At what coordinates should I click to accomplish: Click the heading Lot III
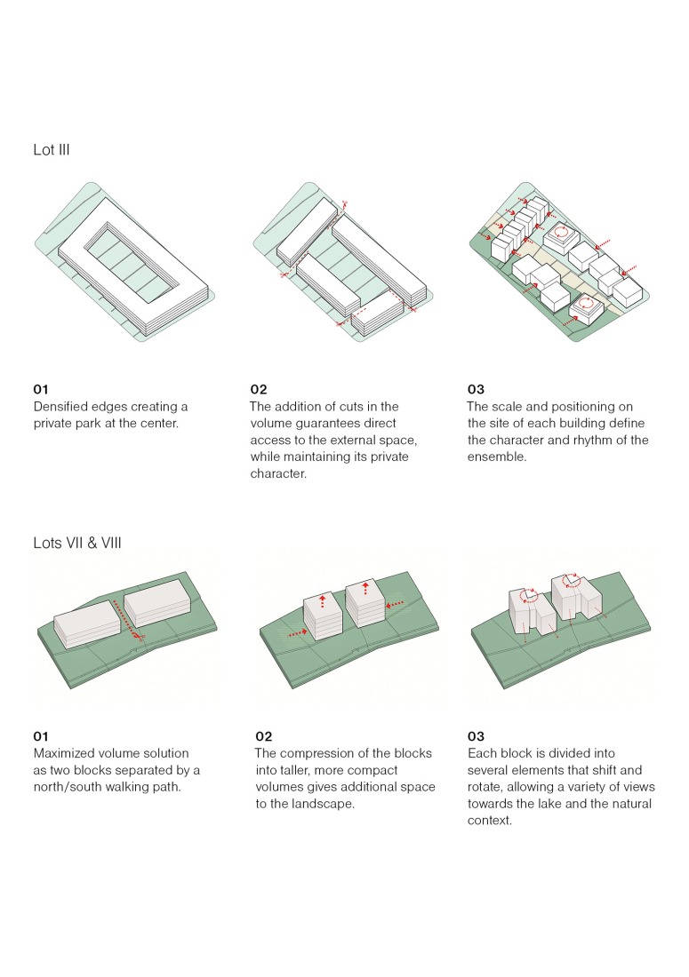coord(52,150)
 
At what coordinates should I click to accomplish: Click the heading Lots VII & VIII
coord(77,542)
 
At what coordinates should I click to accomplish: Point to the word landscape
coord(323,804)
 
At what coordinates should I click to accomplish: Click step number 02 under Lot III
coord(259,389)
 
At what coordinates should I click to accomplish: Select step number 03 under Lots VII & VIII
coord(476,736)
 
